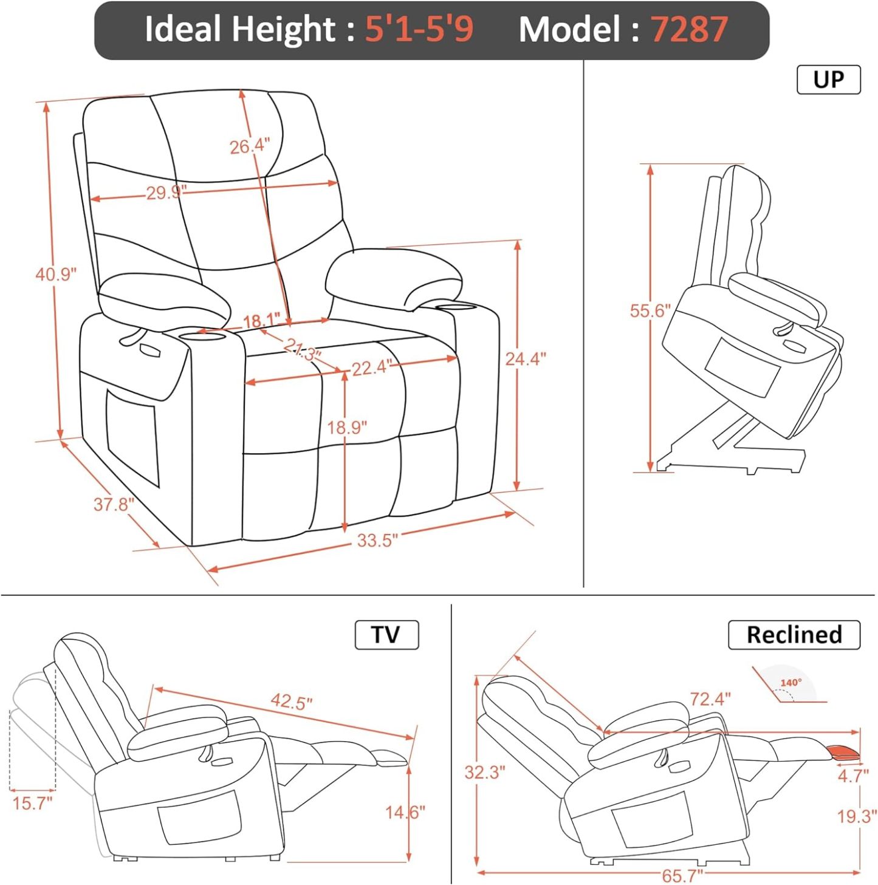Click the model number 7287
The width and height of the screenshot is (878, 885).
(689, 29)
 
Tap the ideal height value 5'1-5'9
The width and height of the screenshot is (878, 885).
(419, 29)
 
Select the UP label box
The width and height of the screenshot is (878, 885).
(828, 80)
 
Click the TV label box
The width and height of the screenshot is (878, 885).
(386, 635)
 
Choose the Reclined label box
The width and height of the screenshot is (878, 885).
(794, 635)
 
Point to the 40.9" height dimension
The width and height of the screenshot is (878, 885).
(56, 275)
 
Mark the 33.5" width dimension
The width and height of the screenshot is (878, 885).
(377, 540)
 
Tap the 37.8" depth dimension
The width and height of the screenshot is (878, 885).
(114, 504)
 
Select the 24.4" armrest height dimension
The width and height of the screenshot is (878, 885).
(526, 359)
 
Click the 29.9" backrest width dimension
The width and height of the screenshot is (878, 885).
(166, 193)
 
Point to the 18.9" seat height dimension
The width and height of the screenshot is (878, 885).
(347, 428)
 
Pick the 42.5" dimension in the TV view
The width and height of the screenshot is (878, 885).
(292, 702)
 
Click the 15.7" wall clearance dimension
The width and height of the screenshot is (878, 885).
(32, 804)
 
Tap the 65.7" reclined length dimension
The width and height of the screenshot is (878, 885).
(682, 875)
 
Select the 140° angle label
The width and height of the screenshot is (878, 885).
(791, 683)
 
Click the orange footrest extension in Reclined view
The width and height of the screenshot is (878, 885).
(845, 753)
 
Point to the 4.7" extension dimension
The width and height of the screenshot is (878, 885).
(853, 776)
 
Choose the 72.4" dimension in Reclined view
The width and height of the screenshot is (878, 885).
(710, 699)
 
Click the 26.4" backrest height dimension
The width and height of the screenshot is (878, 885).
(249, 146)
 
